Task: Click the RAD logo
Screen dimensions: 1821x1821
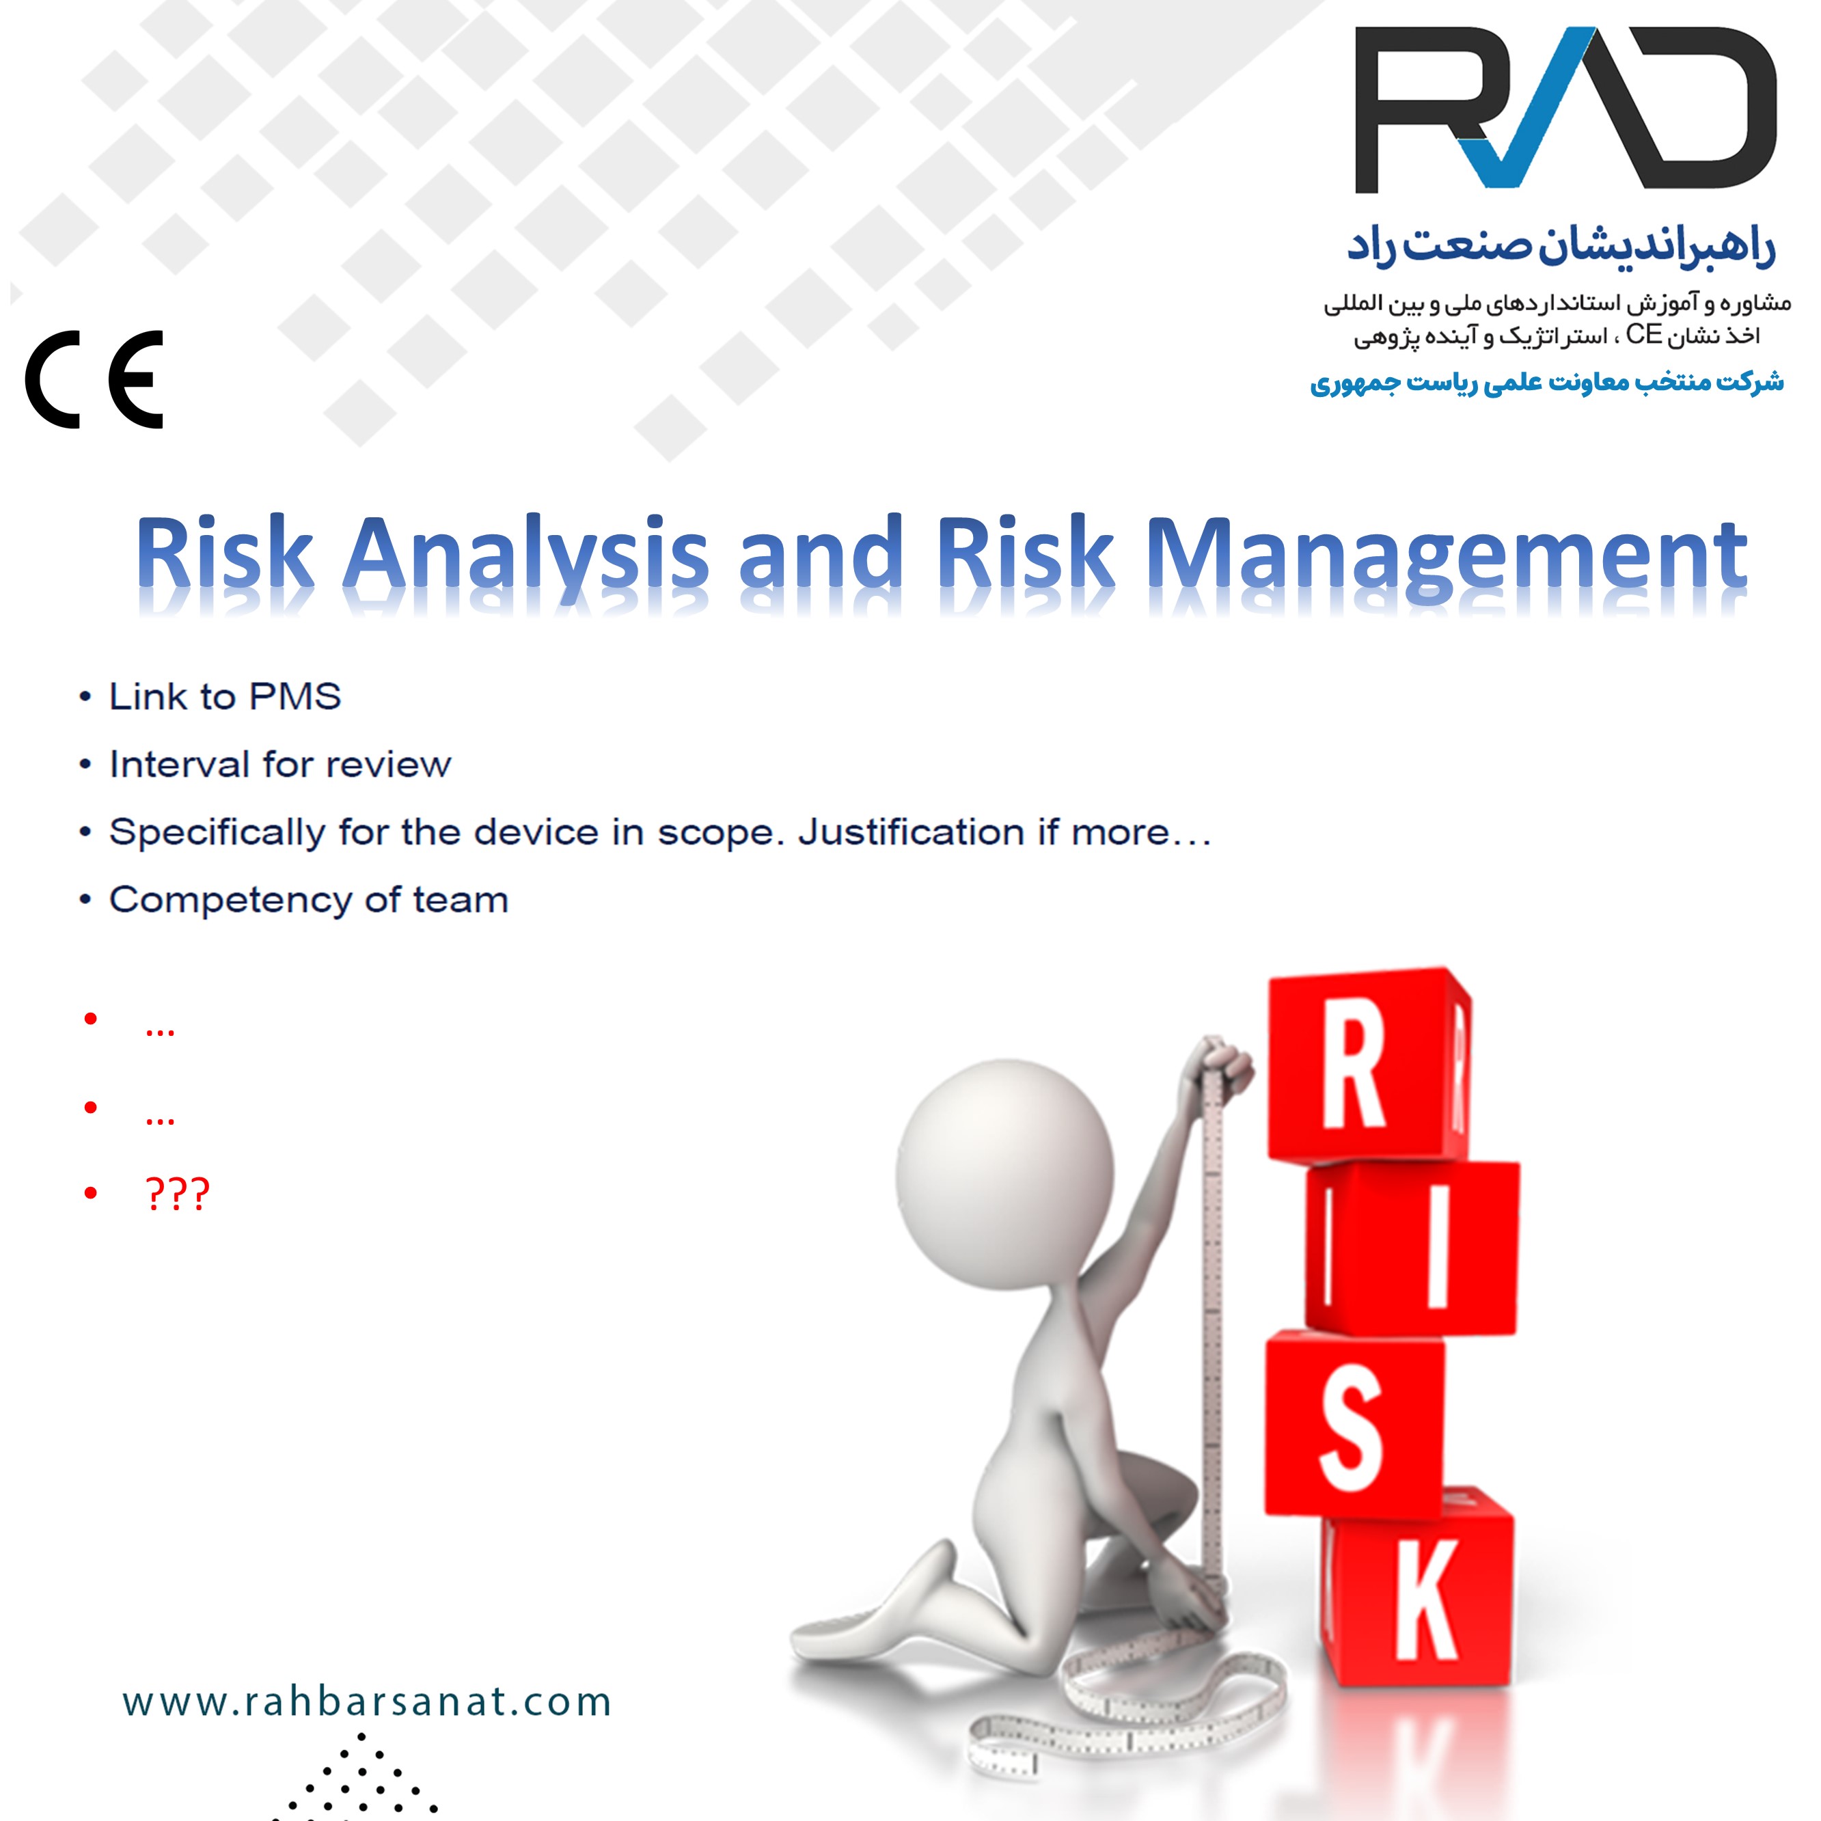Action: tap(1565, 109)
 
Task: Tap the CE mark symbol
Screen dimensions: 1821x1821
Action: tap(94, 380)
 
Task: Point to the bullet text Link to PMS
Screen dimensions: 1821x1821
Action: tap(224, 696)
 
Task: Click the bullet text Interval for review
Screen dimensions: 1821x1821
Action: tap(280, 765)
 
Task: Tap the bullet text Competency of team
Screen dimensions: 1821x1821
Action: tap(308, 900)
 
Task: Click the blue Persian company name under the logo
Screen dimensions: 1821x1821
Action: tap(1561, 247)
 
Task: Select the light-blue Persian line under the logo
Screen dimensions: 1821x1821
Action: tap(1547, 383)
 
